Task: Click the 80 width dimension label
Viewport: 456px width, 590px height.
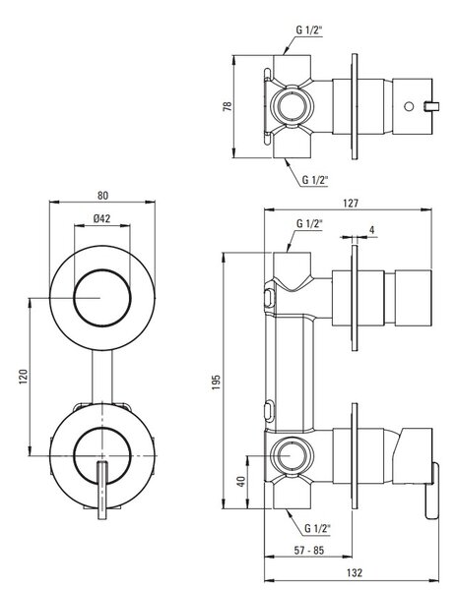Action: coord(102,196)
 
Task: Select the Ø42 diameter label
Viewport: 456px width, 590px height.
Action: coord(101,218)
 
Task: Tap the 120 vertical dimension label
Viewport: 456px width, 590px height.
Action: coord(24,377)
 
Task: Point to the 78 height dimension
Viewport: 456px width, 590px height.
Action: coord(228,106)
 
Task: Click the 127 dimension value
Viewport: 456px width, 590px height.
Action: coord(351,204)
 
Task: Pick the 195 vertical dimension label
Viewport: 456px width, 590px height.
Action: coord(216,382)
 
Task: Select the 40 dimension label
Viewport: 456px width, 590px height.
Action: coord(241,482)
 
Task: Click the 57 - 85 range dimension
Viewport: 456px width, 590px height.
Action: coord(308,550)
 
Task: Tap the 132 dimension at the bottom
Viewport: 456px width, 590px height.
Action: coord(355,572)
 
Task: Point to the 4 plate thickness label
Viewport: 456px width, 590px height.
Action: coord(372,230)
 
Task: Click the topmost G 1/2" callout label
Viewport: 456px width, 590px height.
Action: coord(309,30)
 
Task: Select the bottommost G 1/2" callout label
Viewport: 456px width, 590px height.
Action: coord(317,528)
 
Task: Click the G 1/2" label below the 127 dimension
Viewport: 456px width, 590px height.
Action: coord(310,223)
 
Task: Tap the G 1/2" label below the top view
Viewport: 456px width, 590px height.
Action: coord(315,180)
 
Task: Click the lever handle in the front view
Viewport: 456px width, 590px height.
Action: coord(102,490)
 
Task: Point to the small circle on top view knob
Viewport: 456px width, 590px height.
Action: coord(409,106)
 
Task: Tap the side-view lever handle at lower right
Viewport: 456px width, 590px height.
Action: coord(432,491)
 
